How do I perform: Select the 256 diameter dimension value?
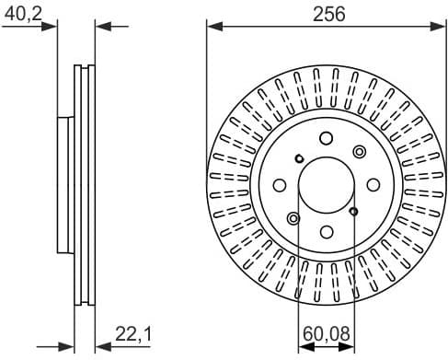[x=322, y=13]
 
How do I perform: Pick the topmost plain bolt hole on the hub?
[x=327, y=139]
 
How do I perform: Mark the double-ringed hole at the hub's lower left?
[x=293, y=218]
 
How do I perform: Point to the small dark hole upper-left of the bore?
[x=299, y=158]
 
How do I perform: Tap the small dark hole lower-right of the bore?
[x=354, y=212]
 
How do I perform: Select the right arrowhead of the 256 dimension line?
[x=440, y=27]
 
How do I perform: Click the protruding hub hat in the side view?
[x=64, y=185]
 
